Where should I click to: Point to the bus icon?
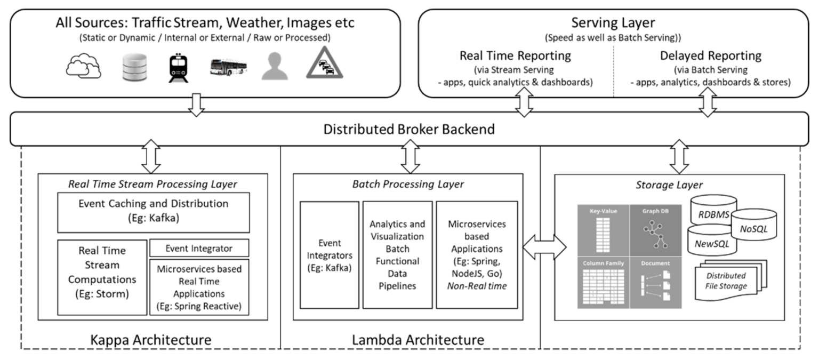[x=228, y=67]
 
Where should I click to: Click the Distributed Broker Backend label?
[x=409, y=129]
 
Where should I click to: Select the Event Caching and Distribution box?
[x=153, y=212]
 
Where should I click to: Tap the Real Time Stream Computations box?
[x=102, y=277]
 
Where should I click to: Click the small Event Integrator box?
[x=199, y=247]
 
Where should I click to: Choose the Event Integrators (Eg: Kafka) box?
[x=330, y=254]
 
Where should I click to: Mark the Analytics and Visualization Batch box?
[x=397, y=254]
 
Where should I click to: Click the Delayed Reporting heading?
[x=710, y=55]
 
